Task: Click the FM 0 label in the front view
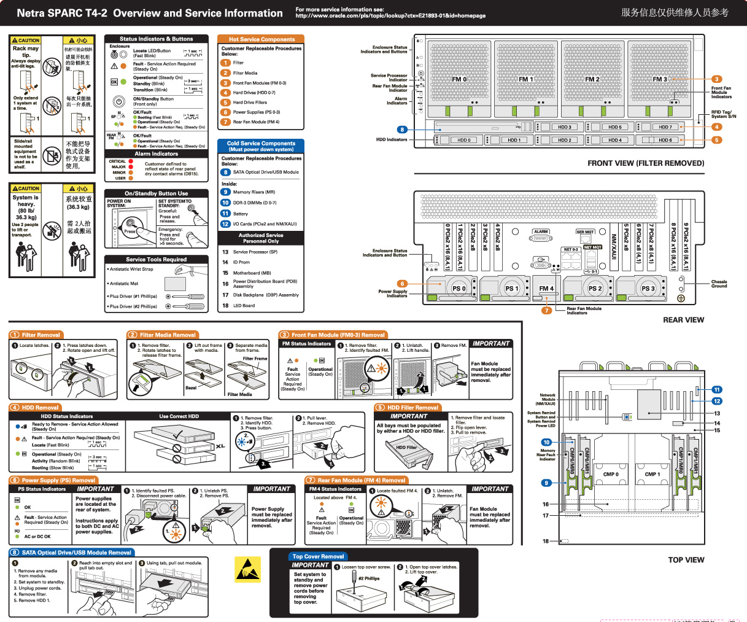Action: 459,79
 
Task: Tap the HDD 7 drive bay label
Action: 665,127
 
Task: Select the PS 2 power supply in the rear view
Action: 594,288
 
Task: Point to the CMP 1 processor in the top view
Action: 652,474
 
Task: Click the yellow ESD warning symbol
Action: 247,569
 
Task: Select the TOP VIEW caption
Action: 686,560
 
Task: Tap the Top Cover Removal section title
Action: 318,556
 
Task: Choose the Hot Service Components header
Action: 261,39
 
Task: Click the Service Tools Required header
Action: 157,259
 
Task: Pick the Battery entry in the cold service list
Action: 240,214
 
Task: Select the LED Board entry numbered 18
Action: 244,305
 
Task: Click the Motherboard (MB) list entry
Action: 252,273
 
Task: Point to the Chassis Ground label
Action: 719,284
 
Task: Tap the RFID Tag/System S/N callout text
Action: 724,114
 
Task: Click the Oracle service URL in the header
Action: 390,16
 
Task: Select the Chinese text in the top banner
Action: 675,12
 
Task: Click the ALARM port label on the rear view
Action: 541,232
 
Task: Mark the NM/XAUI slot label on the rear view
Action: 613,245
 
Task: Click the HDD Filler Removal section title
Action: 412,407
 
